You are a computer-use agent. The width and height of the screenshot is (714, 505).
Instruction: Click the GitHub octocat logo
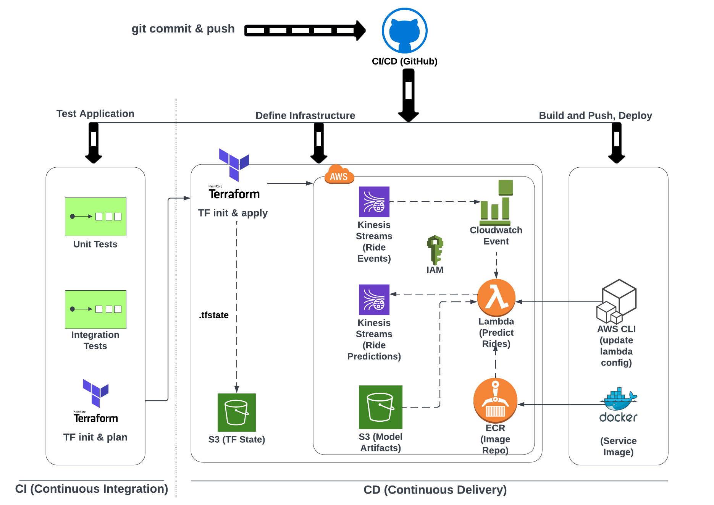click(x=404, y=31)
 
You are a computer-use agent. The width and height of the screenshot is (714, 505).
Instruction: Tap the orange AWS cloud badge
click(x=339, y=175)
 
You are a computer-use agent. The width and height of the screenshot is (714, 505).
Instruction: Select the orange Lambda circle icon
click(x=496, y=298)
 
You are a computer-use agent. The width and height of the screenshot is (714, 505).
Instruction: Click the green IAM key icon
click(x=435, y=250)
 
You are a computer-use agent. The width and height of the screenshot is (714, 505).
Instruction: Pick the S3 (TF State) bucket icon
click(x=237, y=413)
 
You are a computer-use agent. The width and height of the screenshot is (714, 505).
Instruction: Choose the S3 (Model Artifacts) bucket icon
click(x=381, y=407)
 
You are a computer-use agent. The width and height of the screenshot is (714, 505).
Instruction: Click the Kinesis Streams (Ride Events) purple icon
click(x=374, y=202)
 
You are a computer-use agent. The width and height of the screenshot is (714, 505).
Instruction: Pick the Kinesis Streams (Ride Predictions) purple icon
click(x=374, y=300)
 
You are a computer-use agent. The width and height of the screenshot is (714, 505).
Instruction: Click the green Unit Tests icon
click(x=95, y=217)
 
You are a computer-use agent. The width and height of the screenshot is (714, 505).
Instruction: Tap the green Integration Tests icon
click(x=95, y=309)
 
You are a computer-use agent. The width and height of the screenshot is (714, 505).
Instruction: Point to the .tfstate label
click(x=214, y=315)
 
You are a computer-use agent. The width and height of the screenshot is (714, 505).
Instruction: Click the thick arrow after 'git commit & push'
click(x=305, y=31)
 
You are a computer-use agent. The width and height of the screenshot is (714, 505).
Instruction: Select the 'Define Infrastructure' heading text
click(x=305, y=115)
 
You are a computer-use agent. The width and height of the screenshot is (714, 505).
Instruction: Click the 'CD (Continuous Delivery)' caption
click(x=435, y=490)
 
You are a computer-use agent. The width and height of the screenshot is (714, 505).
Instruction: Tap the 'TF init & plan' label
click(x=95, y=437)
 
